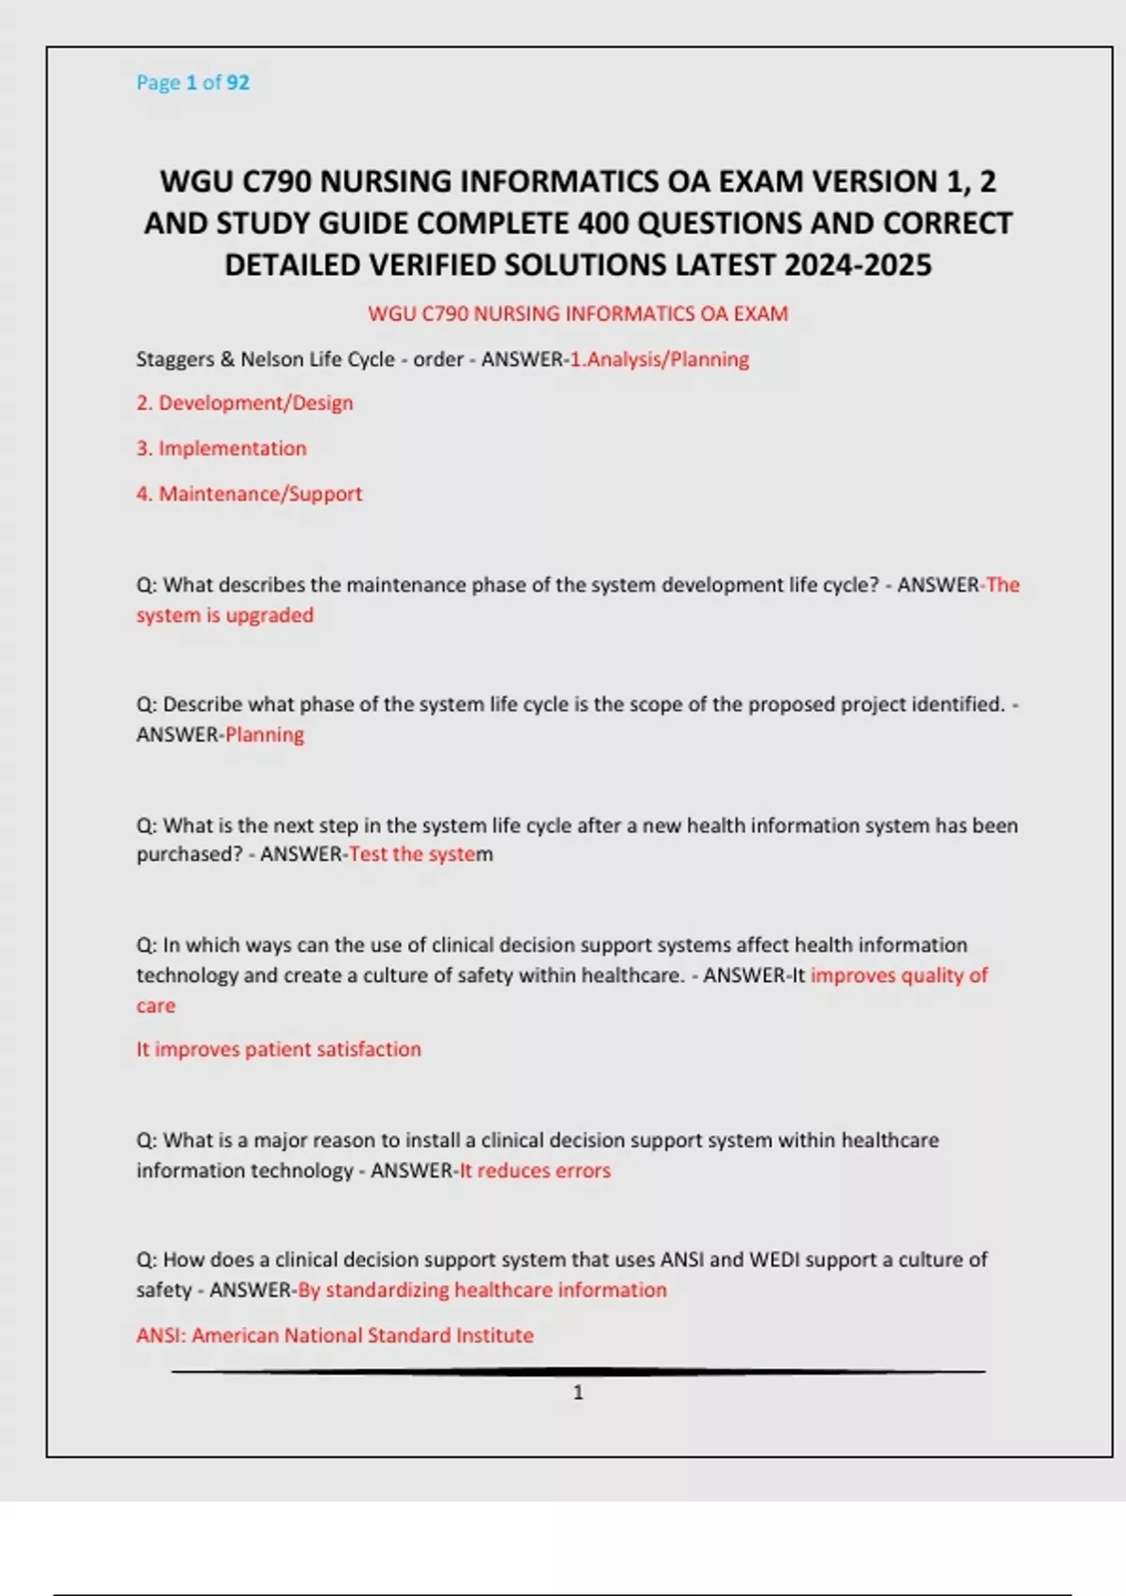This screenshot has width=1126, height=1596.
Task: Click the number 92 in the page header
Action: point(238,83)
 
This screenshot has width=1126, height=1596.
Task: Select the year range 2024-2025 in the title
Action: point(858,266)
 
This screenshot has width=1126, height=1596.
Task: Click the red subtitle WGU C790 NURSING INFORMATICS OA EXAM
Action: point(577,314)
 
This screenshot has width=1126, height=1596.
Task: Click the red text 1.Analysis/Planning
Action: point(660,360)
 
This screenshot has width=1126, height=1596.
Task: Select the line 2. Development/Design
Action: point(245,403)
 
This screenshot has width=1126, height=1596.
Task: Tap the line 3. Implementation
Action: point(221,449)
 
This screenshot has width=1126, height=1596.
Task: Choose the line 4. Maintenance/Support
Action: point(249,494)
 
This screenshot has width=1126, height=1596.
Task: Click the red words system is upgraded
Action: point(225,615)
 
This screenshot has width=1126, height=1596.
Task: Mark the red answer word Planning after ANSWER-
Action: point(265,735)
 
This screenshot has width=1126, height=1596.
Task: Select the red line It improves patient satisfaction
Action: point(279,1050)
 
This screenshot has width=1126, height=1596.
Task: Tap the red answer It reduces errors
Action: point(535,1171)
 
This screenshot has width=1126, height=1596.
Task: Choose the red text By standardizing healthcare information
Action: point(482,1290)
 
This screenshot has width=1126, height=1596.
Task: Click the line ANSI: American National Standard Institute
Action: point(335,1335)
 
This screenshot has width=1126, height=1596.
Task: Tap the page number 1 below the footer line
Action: point(578,1392)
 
